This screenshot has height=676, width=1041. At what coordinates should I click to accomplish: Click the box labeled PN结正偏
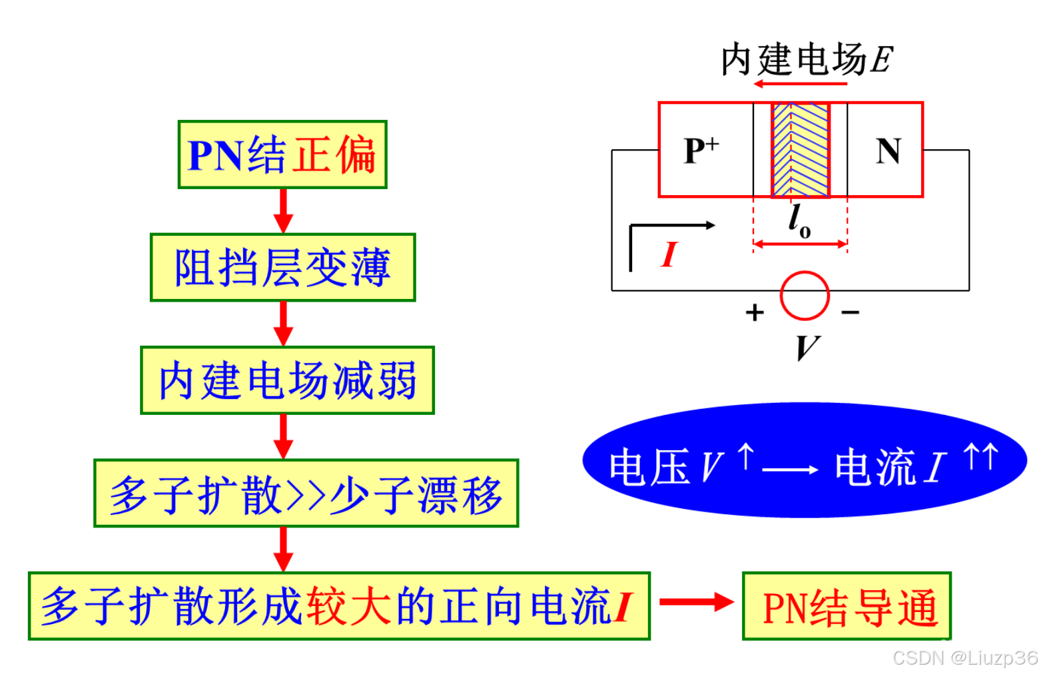pyautogui.click(x=282, y=155)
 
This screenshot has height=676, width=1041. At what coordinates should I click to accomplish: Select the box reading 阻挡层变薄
pyautogui.click(x=282, y=267)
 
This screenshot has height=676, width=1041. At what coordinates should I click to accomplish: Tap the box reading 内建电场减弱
pyautogui.click(x=287, y=380)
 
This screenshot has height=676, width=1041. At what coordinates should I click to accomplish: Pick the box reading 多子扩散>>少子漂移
pyautogui.click(x=306, y=494)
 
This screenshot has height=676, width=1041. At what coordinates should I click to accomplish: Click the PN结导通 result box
pyautogui.click(x=847, y=606)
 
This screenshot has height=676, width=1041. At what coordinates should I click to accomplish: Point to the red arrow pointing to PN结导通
pyautogui.click(x=695, y=601)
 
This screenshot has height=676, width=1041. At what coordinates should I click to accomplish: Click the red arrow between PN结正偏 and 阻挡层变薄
pyautogui.click(x=283, y=211)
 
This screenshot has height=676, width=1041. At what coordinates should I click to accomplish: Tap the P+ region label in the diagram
pyautogui.click(x=701, y=151)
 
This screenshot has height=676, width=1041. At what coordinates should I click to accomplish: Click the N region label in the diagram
pyautogui.click(x=888, y=151)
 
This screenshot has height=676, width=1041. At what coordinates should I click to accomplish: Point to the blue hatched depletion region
pyautogui.click(x=801, y=150)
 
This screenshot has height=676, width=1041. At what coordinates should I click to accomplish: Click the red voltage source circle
pyautogui.click(x=805, y=296)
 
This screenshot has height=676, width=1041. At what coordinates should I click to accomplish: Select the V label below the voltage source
pyautogui.click(x=807, y=347)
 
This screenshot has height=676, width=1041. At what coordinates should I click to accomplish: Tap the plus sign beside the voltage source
pyautogui.click(x=755, y=312)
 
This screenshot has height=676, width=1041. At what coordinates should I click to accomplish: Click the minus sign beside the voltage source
pyautogui.click(x=851, y=312)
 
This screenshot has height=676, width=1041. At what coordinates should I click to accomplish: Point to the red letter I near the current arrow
pyautogui.click(x=669, y=254)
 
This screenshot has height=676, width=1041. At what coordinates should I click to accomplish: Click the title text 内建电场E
pyautogui.click(x=806, y=60)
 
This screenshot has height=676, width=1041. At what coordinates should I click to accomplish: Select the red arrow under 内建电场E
pyautogui.click(x=800, y=84)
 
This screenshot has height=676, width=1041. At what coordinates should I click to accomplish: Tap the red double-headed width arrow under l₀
pyautogui.click(x=800, y=244)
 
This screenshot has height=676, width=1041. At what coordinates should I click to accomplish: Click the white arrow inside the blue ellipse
pyautogui.click(x=790, y=470)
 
